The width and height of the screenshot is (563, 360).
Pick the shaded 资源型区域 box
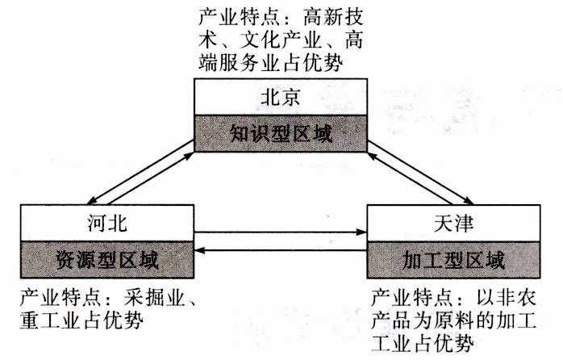click(x=106, y=260)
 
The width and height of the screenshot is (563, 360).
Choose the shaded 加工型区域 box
click(x=453, y=260)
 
